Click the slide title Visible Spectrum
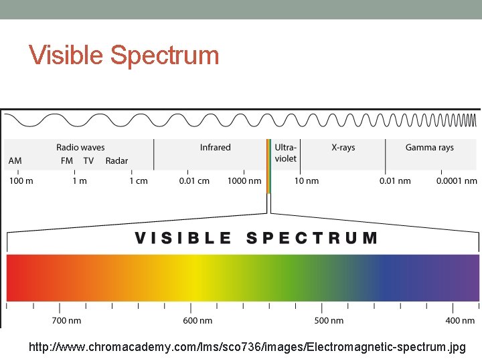point(124,55)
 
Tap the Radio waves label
point(80,148)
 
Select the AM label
point(15,161)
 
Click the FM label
point(67,161)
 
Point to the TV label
point(88,161)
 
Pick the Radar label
point(116,161)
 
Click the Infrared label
point(215,148)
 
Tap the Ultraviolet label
point(286,153)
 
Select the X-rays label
point(343,148)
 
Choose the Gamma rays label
point(429,148)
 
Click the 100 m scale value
point(20,181)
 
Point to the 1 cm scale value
point(139,181)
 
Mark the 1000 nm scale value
point(244,181)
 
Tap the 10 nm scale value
point(307,181)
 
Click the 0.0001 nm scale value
point(457,181)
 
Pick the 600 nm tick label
point(197,321)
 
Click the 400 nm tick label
point(460,321)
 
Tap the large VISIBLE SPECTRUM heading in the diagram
point(256,238)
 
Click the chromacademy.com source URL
point(246,348)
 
